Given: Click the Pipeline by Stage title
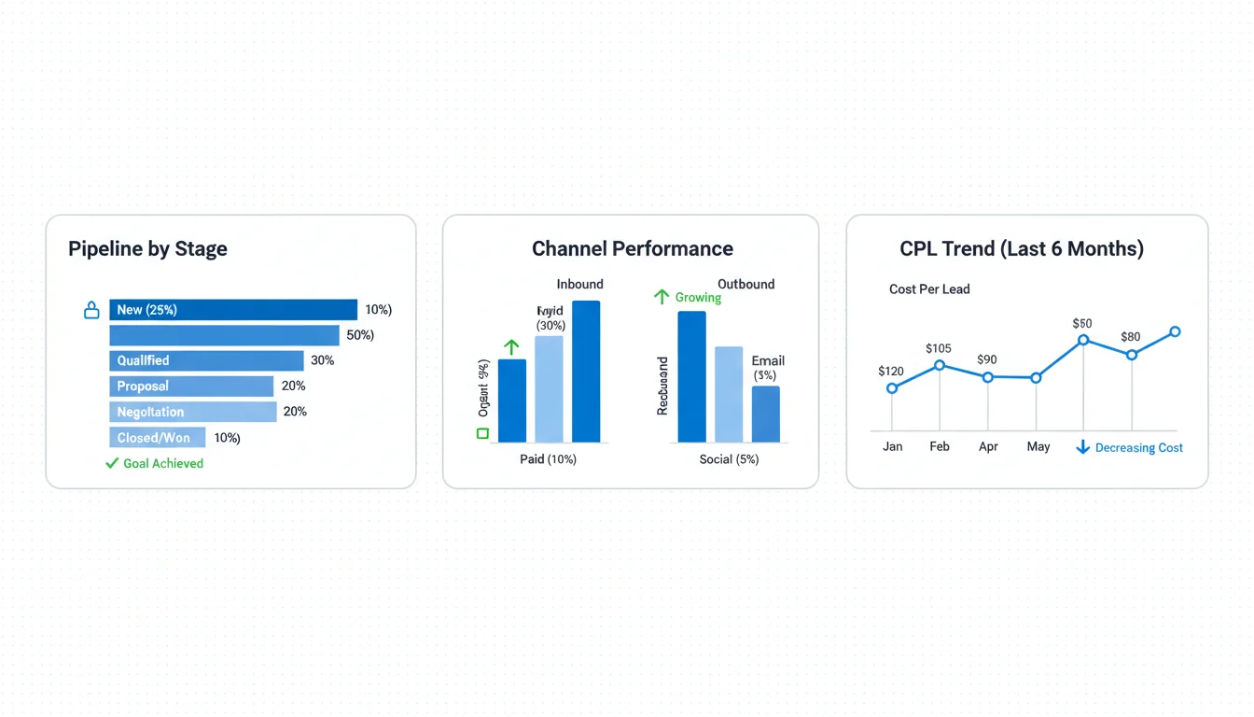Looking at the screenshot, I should (x=147, y=249).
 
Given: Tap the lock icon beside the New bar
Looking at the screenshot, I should (x=91, y=310).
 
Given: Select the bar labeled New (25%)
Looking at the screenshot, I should (x=233, y=310).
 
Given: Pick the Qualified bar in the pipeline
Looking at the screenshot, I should (x=206, y=360).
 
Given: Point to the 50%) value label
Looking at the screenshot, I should (x=360, y=335).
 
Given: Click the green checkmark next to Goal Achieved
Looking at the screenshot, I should (x=113, y=463).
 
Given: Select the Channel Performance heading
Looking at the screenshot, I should (x=632, y=249).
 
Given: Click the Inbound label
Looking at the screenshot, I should (x=579, y=284).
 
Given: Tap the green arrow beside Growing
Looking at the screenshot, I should (x=662, y=297).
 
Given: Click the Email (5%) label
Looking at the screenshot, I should (x=768, y=368).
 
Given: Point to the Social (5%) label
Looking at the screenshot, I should (x=729, y=459).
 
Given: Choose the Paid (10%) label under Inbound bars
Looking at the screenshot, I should (x=548, y=459).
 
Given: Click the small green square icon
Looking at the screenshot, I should (x=482, y=433).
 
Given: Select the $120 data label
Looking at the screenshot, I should (x=891, y=371).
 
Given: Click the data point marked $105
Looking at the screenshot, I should (x=940, y=365).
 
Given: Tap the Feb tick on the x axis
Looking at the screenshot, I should (x=940, y=446).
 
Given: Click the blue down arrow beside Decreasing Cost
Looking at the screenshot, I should (x=1082, y=447).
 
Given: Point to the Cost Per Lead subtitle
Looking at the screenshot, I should (x=929, y=289).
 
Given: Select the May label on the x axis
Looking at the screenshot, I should (x=1038, y=446).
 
